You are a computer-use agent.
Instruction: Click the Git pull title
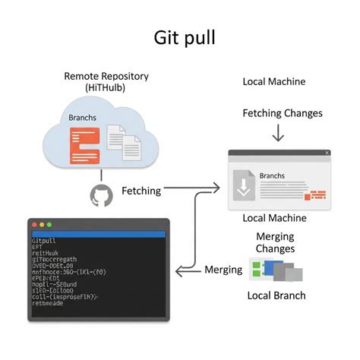[180, 38]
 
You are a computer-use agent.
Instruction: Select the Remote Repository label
[106, 76]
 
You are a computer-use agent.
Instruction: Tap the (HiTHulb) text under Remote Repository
[106, 89]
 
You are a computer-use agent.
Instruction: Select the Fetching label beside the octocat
[141, 191]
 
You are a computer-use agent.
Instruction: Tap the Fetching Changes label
[283, 113]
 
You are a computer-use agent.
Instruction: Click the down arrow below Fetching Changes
[277, 133]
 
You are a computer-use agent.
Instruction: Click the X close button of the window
[327, 153]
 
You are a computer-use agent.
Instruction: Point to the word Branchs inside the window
[273, 175]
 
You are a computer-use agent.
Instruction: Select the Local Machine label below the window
[274, 218]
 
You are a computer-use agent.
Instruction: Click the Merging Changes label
[275, 243]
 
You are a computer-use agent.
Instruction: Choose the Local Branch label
[276, 295]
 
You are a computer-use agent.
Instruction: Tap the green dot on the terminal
[51, 225]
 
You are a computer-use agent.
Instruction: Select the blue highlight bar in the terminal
[96, 233]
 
